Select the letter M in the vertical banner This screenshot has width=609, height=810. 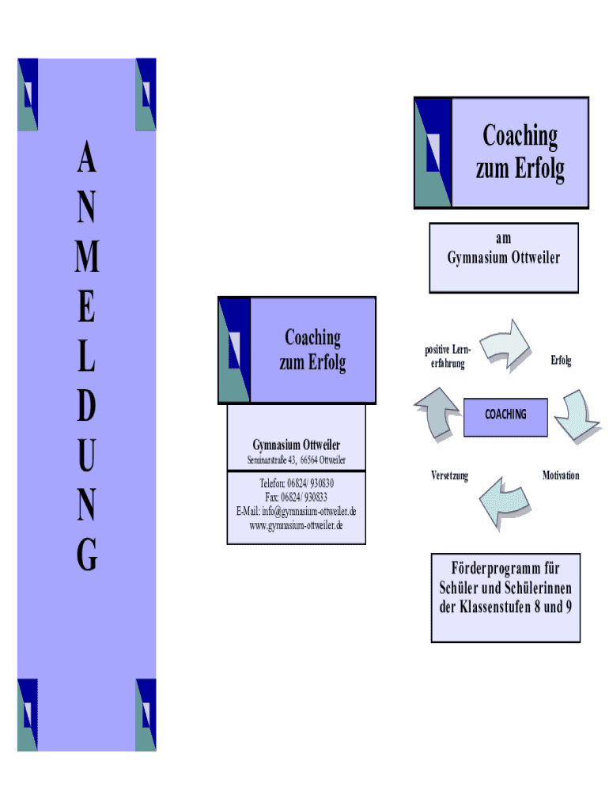[x=87, y=258]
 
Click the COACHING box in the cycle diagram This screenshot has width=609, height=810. [x=505, y=415]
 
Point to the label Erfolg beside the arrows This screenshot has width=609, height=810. [x=561, y=361]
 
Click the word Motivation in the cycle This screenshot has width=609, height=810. [x=560, y=475]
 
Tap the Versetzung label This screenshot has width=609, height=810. [x=449, y=476]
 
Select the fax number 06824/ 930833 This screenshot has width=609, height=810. [x=304, y=498]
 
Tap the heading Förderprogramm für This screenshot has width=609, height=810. [x=505, y=569]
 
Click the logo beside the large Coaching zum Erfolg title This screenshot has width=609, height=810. [x=433, y=153]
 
